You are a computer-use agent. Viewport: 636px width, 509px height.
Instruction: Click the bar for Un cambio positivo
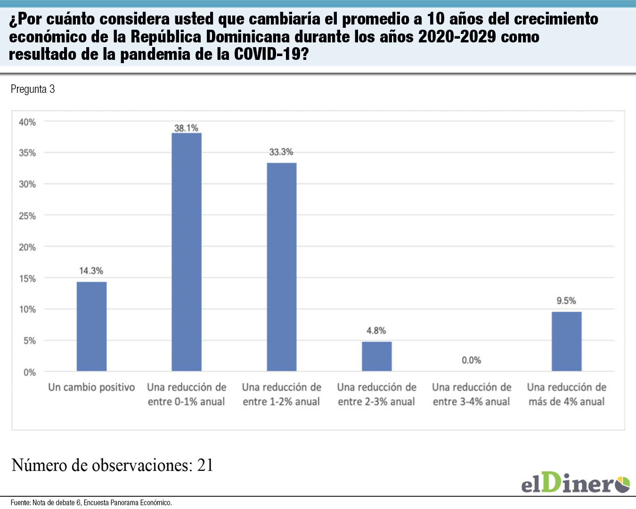91,326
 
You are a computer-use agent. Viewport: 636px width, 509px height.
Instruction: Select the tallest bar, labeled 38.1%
187,252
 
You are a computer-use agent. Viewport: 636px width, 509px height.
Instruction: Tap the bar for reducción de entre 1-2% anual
282,267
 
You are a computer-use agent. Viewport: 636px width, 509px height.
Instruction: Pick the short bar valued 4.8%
376,356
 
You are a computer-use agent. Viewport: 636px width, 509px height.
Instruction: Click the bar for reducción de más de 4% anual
566,341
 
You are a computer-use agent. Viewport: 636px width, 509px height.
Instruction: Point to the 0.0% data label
471,361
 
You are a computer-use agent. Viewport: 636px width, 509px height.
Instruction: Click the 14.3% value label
91,271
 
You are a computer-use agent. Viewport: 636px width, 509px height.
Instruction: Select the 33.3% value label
281,152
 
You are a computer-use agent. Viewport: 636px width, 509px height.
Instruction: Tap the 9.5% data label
566,301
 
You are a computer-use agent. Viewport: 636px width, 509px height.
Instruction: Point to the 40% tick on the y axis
27,122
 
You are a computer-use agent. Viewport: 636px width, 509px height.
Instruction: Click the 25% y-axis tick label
27,216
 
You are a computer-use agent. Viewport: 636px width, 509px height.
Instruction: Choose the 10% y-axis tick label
27,310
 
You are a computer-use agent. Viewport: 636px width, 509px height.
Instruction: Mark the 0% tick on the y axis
30,372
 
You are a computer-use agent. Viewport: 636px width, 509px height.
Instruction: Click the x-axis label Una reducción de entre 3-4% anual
472,394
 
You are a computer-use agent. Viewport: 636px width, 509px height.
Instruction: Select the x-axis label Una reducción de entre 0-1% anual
187,394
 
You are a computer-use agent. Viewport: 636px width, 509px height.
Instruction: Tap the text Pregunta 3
33,89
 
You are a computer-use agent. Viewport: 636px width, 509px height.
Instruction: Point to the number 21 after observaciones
205,465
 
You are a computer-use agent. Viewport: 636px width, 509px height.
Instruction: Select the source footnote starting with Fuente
91,503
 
